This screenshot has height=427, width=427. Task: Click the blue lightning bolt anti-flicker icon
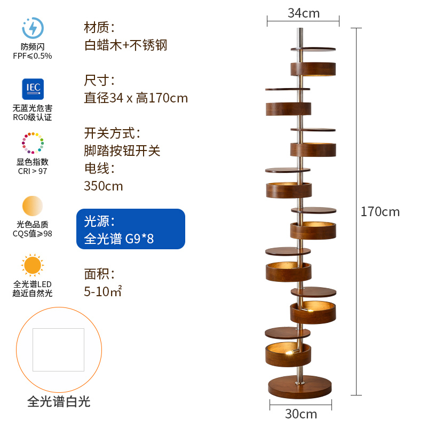click(x=33, y=28)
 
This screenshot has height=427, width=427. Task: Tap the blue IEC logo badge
click(x=33, y=89)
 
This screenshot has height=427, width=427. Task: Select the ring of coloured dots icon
click(x=33, y=143)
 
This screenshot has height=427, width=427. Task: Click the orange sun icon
click(x=33, y=265)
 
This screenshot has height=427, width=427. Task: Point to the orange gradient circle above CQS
click(x=33, y=206)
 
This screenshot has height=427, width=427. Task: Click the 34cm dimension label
click(x=304, y=13)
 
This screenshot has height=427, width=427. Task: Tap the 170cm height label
click(x=380, y=211)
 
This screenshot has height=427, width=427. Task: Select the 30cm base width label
click(x=301, y=414)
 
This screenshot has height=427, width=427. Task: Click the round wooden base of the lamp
click(x=300, y=386)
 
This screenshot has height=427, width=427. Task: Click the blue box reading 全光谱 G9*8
click(x=131, y=229)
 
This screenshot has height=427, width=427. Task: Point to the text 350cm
click(x=104, y=186)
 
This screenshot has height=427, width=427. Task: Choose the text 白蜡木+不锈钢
click(x=125, y=45)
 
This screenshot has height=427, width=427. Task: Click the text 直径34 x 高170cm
click(x=136, y=98)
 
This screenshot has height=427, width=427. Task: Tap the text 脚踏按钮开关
click(x=122, y=151)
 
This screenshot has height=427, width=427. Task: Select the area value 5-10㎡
click(x=102, y=291)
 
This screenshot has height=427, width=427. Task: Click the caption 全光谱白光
click(x=59, y=402)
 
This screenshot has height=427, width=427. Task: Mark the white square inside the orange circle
click(x=58, y=350)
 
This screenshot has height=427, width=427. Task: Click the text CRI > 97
click(x=33, y=171)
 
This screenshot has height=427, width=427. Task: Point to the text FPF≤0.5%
click(x=33, y=56)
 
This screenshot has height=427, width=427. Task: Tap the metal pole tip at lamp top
click(x=300, y=29)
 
